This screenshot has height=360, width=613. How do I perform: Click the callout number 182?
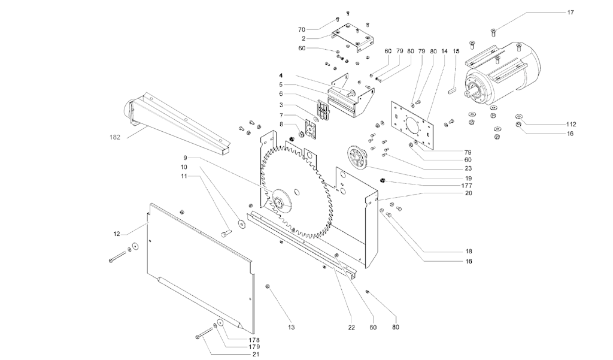[115, 137]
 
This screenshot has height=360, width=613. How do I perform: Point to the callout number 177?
[467, 186]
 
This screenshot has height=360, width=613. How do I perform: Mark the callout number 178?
[254, 340]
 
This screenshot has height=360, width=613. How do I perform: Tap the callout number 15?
[456, 52]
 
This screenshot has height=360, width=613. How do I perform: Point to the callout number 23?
[467, 169]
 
